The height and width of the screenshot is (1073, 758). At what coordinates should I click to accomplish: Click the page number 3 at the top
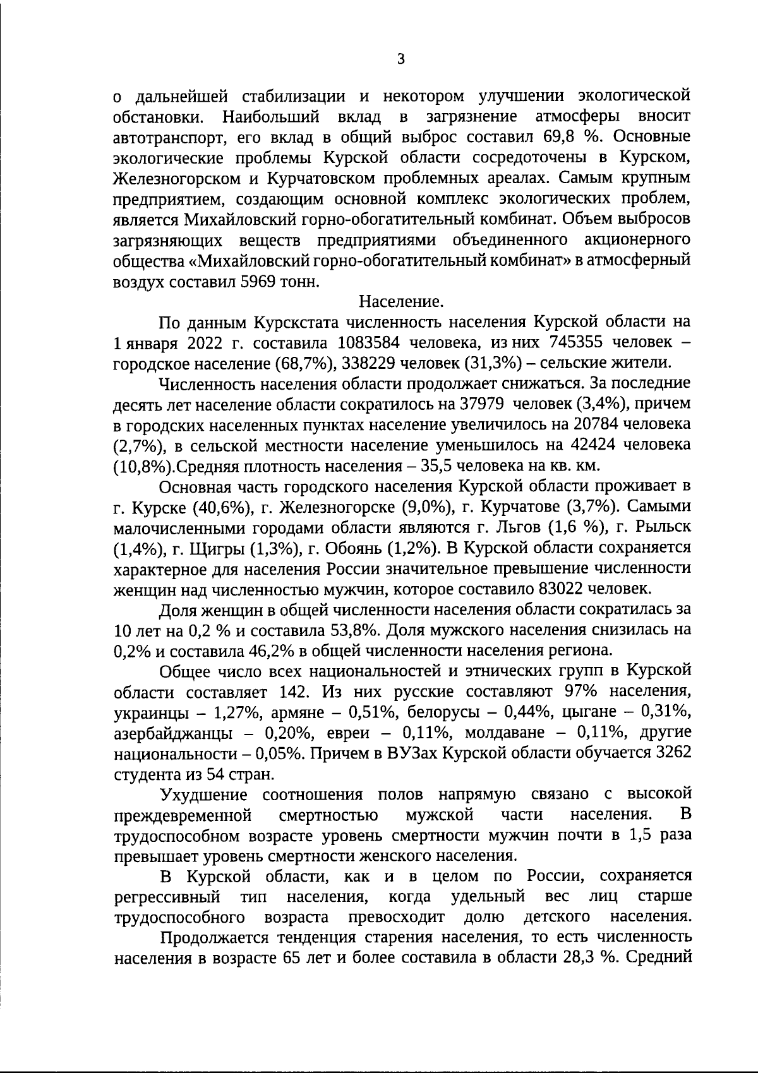[400, 59]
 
